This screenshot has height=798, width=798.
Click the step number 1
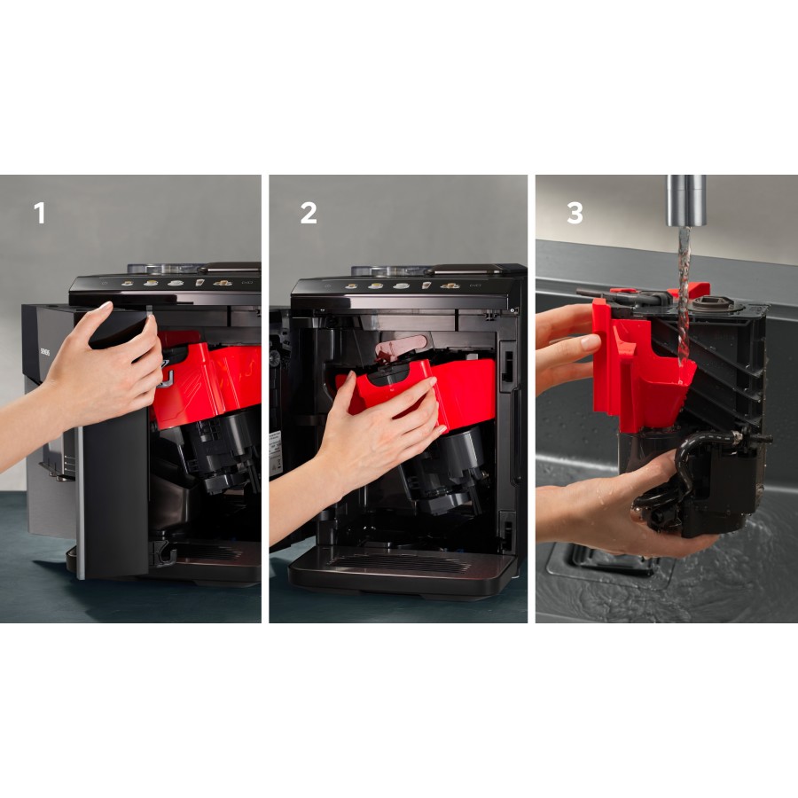click(x=39, y=214)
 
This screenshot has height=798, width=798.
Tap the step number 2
click(x=308, y=214)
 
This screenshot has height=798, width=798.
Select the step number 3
click(x=575, y=214)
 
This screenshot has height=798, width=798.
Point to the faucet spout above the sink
click(x=687, y=200)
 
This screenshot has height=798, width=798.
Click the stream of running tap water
click(x=683, y=293)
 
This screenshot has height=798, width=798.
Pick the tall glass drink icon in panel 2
click(x=426, y=286)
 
